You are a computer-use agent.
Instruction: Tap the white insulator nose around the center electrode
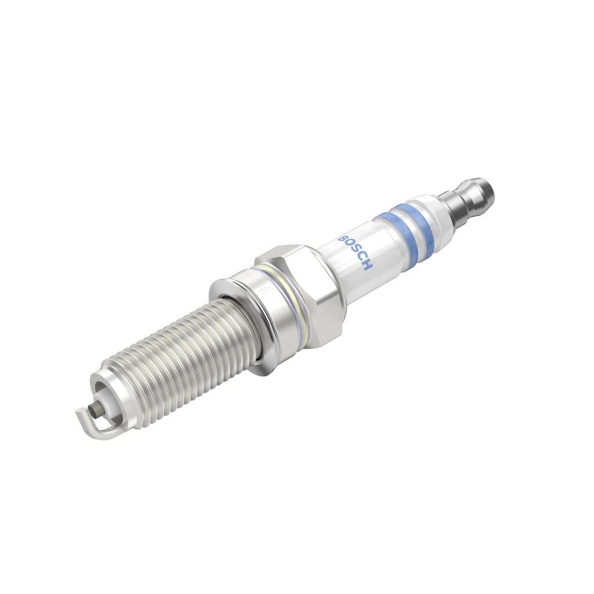[104, 400]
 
